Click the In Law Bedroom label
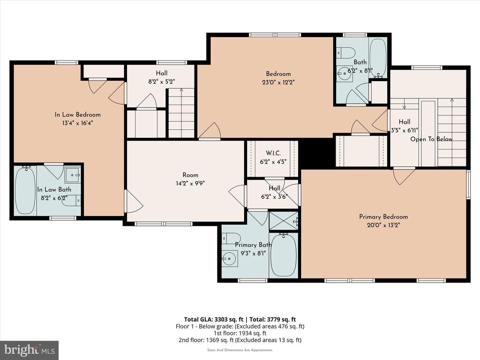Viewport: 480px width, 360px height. pos(78,115)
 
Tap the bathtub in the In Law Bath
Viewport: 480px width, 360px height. pos(25,190)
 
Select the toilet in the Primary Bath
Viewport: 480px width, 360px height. pos(232,238)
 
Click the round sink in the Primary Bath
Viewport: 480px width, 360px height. pos(230,259)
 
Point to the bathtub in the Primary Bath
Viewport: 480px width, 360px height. pos(284,255)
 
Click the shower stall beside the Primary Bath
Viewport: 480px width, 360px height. pos(283,220)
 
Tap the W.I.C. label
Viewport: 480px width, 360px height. pos(273,153)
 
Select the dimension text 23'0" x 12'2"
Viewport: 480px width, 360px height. pos(278,82)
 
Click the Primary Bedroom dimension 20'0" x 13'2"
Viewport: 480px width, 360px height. pos(383,225)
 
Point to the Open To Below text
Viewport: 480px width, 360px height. pos(431,139)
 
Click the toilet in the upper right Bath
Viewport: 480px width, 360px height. pos(345,52)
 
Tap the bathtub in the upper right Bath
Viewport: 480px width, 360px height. pos(378,58)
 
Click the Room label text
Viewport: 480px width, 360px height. pos(190,175)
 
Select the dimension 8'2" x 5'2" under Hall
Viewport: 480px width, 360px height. pos(162,82)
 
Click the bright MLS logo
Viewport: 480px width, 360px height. pos(30,350)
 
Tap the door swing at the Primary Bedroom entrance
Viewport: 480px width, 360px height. pos(404,176)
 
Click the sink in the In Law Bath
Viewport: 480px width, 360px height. pos(73,175)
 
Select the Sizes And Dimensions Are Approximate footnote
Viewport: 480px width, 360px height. pos(240,350)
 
